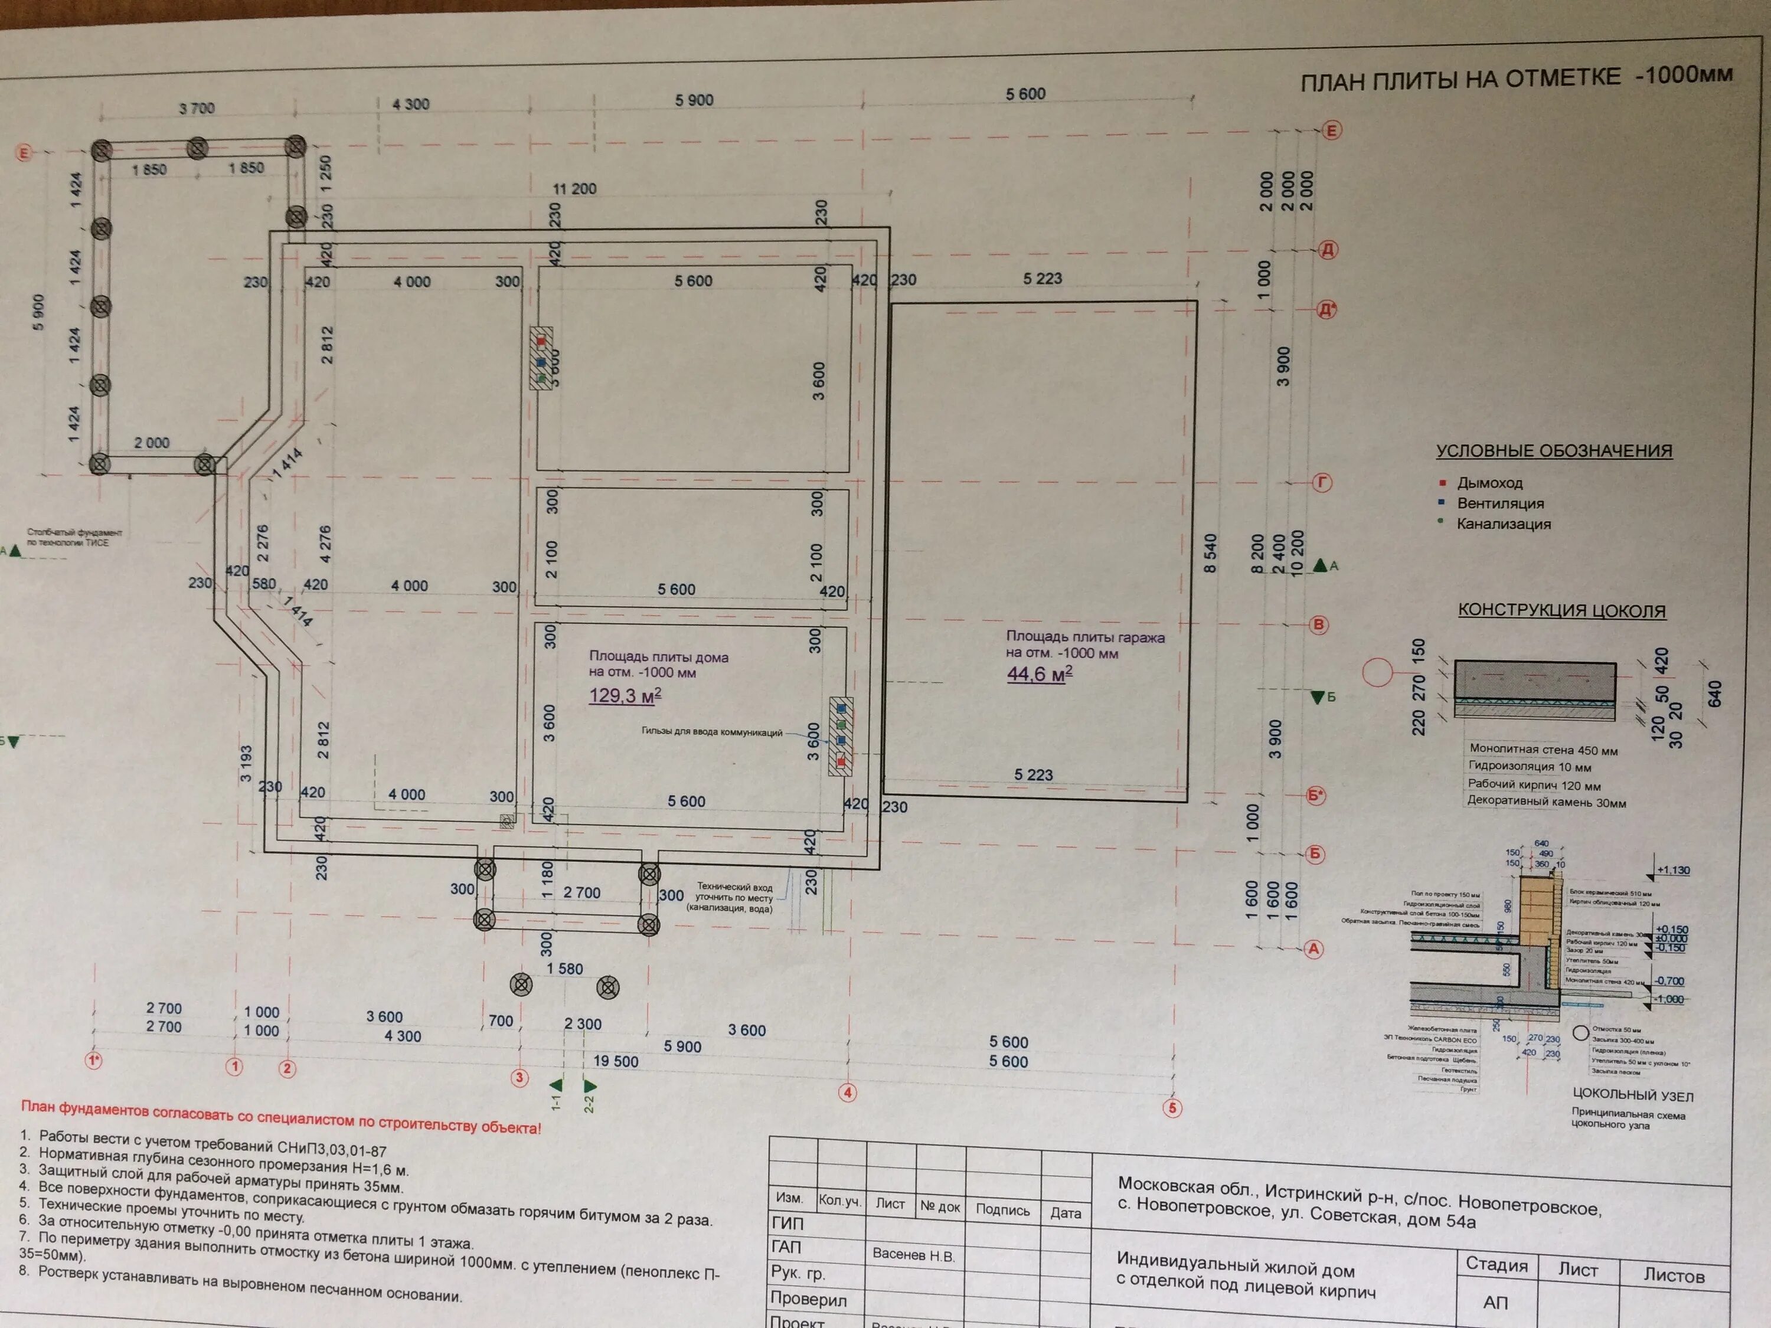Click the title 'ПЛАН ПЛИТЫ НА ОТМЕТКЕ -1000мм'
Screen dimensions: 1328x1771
(1515, 78)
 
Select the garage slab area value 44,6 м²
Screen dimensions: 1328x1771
(1039, 674)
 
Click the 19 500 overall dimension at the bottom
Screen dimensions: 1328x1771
(616, 1061)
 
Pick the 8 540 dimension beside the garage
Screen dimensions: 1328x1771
(1210, 552)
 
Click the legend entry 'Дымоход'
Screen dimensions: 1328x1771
(1489, 483)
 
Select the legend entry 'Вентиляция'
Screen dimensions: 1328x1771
(1499, 503)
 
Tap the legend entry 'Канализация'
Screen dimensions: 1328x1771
(1503, 524)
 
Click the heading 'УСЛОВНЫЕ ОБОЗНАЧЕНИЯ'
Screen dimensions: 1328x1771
(1553, 451)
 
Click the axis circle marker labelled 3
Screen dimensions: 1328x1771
(519, 1077)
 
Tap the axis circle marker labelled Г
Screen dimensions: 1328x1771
(1322, 483)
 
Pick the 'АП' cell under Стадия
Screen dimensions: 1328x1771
(1495, 1303)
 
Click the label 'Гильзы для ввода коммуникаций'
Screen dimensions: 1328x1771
(712, 732)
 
